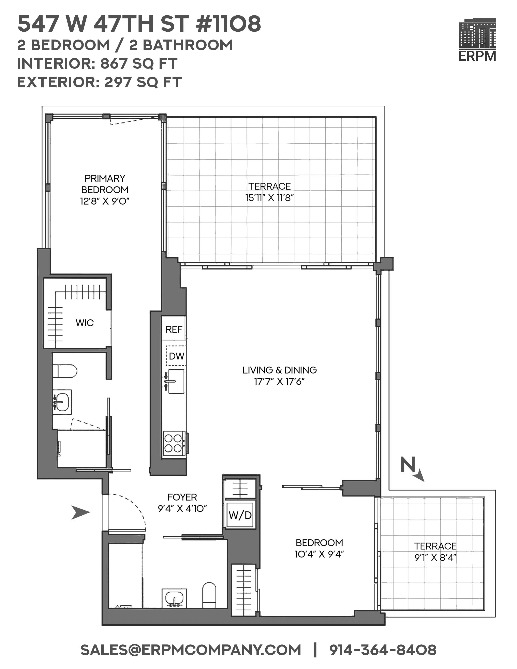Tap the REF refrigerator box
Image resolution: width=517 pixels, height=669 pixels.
pos(174,329)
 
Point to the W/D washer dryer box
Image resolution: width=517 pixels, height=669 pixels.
pos(240,515)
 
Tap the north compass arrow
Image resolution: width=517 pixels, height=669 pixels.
pos(412,469)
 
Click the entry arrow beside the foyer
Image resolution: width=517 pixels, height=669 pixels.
pos(80,512)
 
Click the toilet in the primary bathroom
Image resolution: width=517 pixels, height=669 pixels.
pos(65,371)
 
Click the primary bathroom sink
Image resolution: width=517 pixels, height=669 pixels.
pos(62,402)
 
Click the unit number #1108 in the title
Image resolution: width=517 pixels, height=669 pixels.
pos(228,25)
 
